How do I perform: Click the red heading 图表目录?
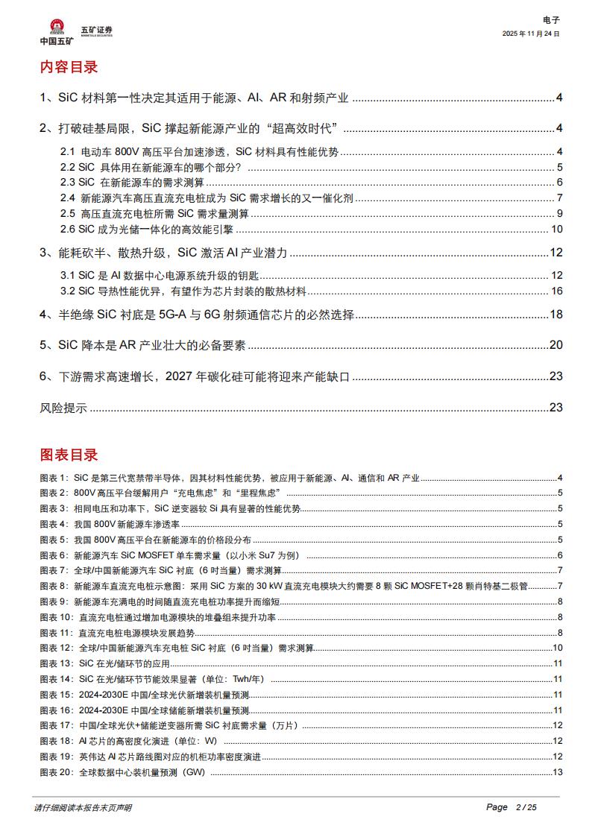pyautogui.click(x=69, y=455)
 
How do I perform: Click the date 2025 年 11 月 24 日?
pyautogui.click(x=531, y=34)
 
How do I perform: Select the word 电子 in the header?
pyautogui.click(x=551, y=20)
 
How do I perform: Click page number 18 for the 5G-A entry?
pyautogui.click(x=555, y=315)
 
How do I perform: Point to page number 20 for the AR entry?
pyautogui.click(x=555, y=345)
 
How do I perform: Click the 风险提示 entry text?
pyautogui.click(x=63, y=408)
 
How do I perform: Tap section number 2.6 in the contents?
pyautogui.click(x=68, y=229)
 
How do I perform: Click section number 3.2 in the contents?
pyautogui.click(x=68, y=290)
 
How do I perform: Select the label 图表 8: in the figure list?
pyautogui.click(x=54, y=586)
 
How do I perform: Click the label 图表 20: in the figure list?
pyautogui.click(x=56, y=771)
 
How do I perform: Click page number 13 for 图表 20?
pyautogui.click(x=558, y=771)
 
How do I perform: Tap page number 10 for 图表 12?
pyautogui.click(x=558, y=648)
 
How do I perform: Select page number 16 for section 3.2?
pyautogui.click(x=557, y=290)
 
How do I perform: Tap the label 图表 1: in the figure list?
pyautogui.click(x=54, y=477)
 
